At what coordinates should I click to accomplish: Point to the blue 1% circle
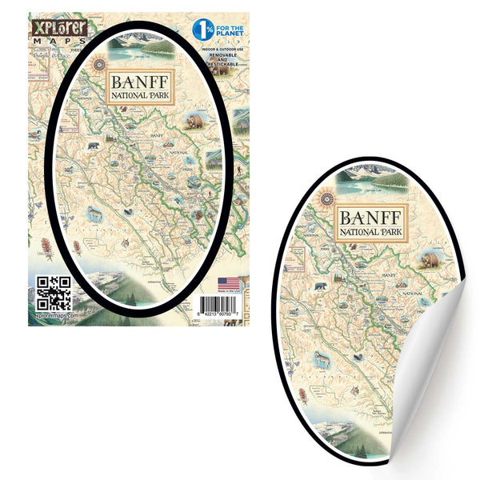[202, 30]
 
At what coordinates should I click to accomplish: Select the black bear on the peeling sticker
[320, 285]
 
